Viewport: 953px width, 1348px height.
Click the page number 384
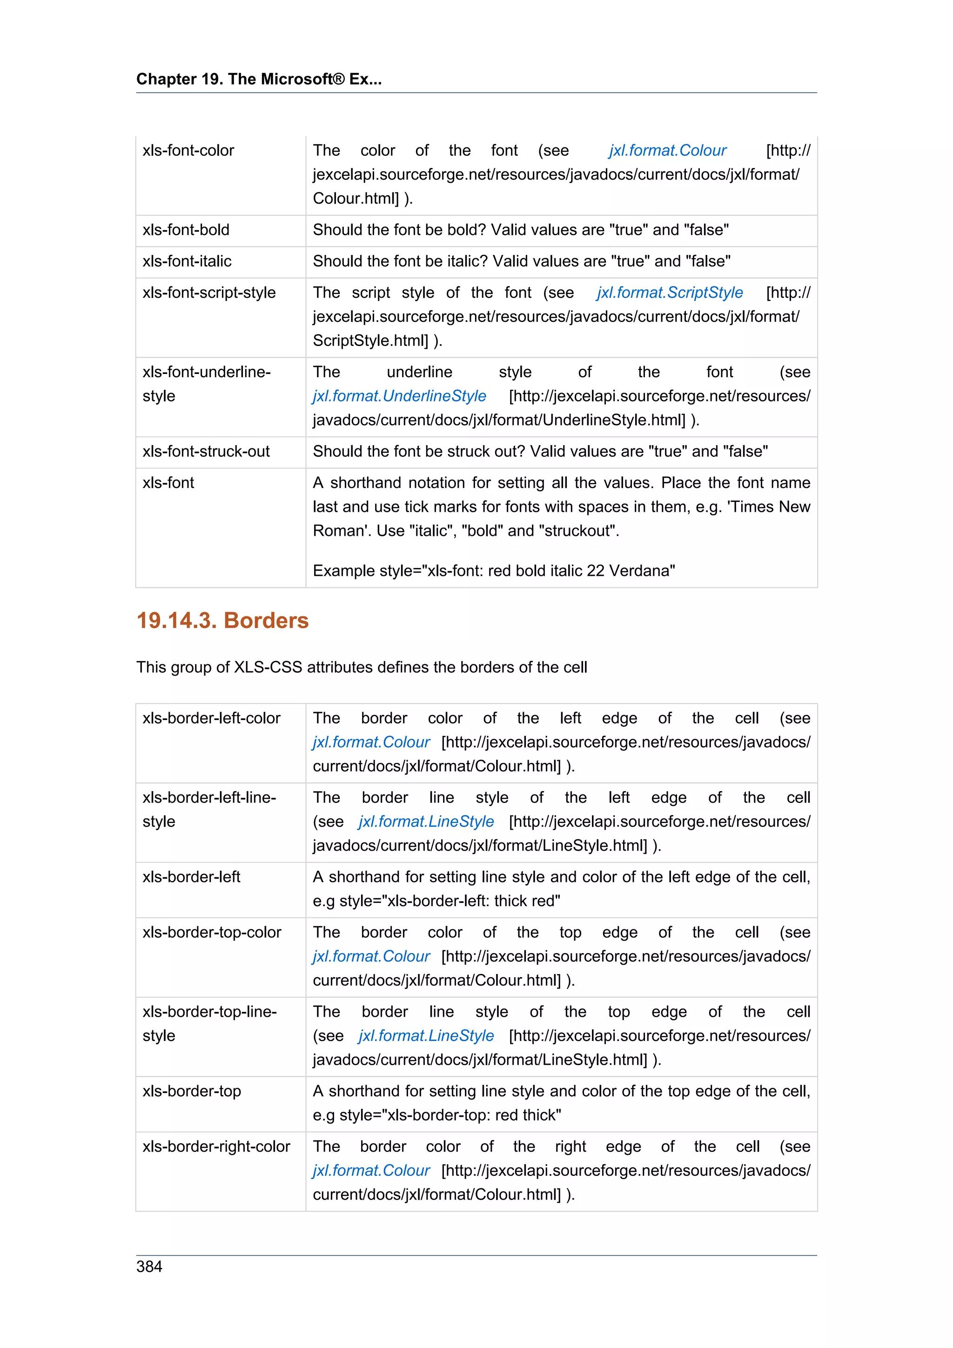[149, 1267]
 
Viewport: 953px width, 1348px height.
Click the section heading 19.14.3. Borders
[222, 621]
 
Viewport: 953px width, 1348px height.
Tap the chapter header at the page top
[259, 79]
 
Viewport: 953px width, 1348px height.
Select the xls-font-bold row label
[186, 230]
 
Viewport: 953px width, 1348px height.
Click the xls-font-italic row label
[187, 261]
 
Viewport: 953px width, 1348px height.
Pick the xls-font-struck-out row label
[206, 452]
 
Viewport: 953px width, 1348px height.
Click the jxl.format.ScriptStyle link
[670, 293]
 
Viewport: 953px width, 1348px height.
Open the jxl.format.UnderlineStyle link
[399, 396]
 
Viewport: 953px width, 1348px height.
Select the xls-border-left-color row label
[211, 718]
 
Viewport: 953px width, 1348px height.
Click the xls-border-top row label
[191, 1091]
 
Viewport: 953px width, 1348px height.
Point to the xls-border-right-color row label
[216, 1147]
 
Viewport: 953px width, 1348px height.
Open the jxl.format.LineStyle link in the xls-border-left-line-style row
[426, 821]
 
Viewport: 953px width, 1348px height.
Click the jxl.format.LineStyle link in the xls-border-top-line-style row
[426, 1036]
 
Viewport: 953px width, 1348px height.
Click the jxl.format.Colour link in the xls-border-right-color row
[371, 1171]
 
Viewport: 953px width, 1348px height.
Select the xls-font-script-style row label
[208, 293]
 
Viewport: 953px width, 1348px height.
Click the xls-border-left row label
[191, 877]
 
